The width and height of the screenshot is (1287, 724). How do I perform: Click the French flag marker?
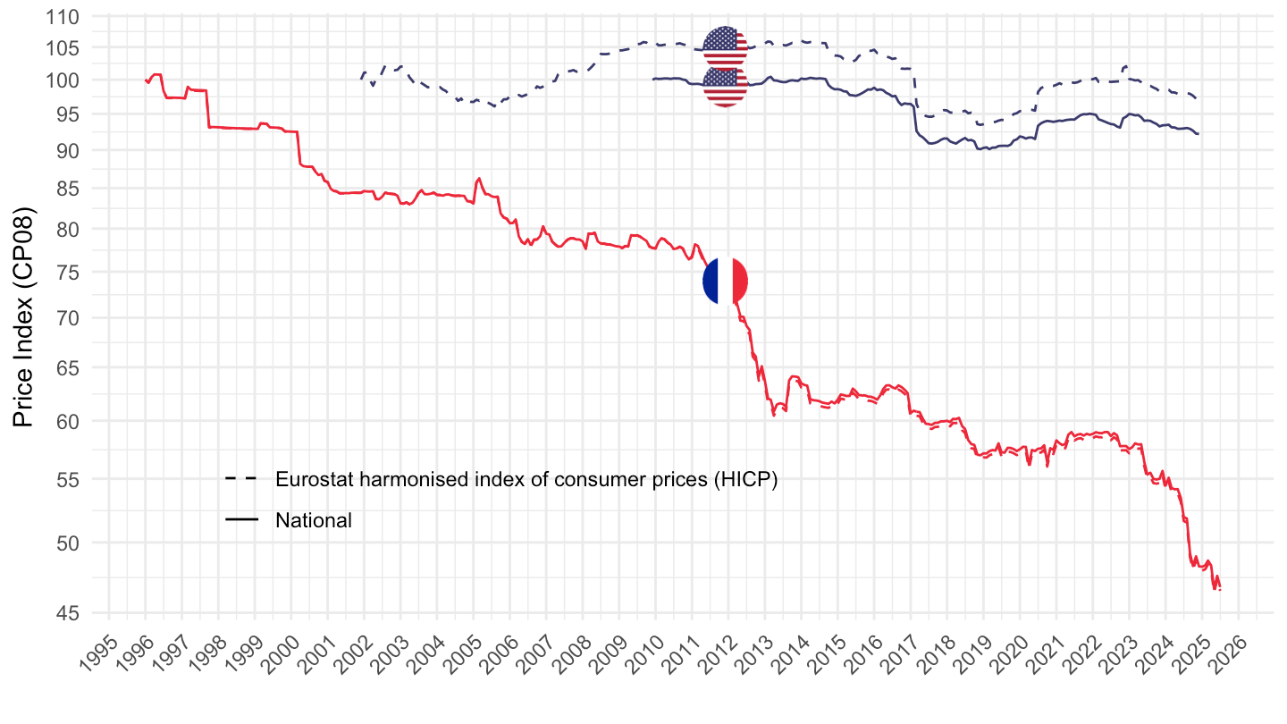point(726,281)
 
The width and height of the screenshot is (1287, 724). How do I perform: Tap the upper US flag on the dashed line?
point(726,47)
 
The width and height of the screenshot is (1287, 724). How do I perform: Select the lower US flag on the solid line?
point(726,87)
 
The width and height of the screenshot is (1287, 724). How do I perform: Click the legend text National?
point(314,520)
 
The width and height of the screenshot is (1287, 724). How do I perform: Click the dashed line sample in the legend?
point(241,479)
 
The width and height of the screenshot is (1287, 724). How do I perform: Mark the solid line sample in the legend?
point(241,520)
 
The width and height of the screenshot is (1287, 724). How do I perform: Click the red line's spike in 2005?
point(479,179)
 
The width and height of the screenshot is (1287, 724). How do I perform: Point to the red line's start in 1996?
point(146,80)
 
